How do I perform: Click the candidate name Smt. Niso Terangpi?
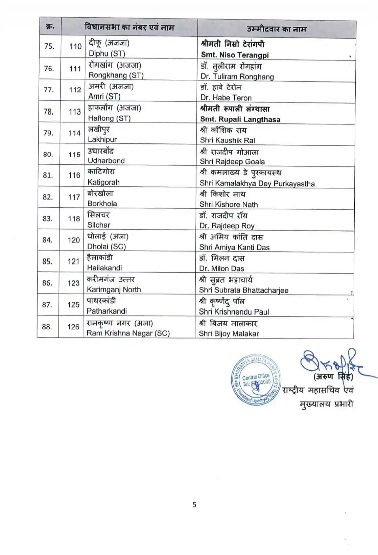235,55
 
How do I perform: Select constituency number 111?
75,69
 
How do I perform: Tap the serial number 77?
49,90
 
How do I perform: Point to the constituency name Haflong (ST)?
109,118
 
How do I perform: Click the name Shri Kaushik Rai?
228,140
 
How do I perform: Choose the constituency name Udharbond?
106,161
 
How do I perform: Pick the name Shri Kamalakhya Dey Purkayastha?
257,184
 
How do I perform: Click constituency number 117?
74,197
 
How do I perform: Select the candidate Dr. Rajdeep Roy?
227,226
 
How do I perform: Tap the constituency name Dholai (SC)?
107,247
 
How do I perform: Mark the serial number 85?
47,261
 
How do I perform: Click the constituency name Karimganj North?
114,290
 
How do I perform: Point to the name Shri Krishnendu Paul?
234,312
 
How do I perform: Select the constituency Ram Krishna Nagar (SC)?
128,333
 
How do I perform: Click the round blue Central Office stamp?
256,380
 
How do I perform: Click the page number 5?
194,505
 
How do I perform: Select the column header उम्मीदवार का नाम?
276,29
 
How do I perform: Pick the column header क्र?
50,27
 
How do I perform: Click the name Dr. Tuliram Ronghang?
237,77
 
